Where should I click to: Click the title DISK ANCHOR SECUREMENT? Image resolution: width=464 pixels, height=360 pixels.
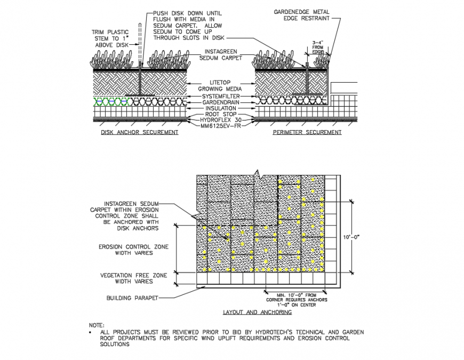(140, 132)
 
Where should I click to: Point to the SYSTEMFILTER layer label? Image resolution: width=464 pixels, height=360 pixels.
(221, 95)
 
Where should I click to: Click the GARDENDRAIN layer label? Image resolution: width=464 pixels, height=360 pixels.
(221, 101)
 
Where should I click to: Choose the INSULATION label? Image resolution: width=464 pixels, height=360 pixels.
(221, 108)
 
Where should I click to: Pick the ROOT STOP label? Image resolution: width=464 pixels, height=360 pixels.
(221, 114)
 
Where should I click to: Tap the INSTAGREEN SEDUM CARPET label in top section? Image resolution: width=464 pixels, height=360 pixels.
(221, 54)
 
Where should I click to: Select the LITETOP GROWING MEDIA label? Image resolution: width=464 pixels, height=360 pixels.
(221, 85)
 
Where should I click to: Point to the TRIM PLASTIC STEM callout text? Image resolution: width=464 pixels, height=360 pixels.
(110, 38)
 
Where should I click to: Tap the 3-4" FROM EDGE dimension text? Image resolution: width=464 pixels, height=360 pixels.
(318, 47)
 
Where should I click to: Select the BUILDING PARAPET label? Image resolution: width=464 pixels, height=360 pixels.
(132, 298)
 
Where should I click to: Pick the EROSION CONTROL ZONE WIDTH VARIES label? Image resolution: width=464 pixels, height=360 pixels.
(133, 250)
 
